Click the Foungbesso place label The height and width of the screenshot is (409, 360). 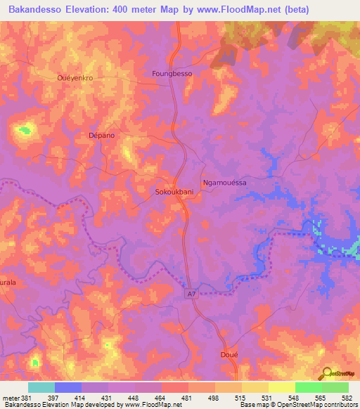172,73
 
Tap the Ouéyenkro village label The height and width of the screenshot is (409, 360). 75,77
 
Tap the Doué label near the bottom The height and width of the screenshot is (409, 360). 230,355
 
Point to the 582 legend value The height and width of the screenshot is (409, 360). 347,397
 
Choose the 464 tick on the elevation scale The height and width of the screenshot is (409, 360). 160,397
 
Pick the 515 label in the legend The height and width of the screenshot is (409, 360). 240,397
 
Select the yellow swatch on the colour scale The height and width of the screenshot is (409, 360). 281,387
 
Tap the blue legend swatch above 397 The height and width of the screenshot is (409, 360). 67,387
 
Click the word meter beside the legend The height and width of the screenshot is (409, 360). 10,397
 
